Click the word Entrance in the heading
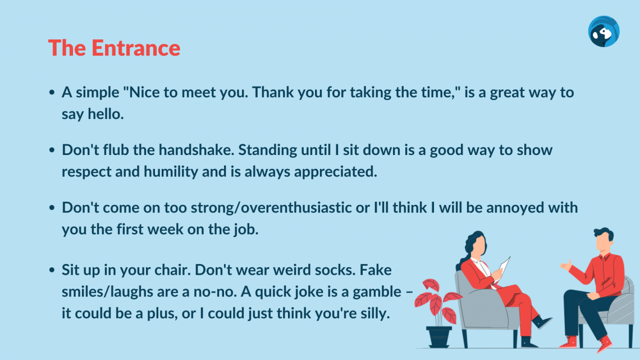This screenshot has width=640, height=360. (136, 48)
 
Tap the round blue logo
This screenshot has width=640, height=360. (604, 31)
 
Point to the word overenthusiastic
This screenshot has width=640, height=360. (296, 207)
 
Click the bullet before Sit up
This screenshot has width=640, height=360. (52, 270)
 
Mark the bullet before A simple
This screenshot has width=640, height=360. (52, 93)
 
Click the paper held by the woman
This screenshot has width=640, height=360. (505, 267)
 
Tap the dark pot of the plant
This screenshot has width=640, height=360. (438, 337)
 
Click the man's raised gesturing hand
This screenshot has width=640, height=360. (566, 265)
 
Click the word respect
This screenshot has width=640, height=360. (86, 172)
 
